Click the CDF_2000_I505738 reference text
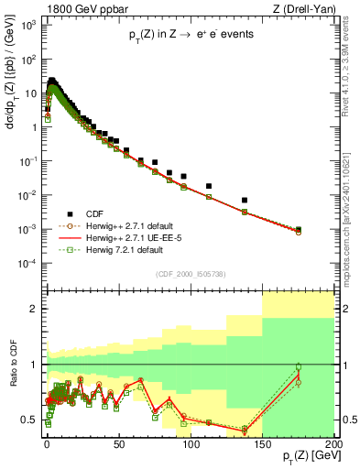pyautogui.click(x=190, y=273)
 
